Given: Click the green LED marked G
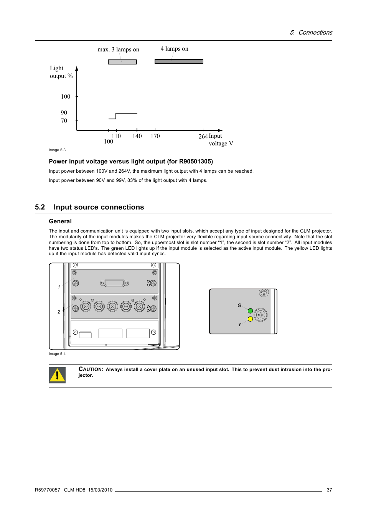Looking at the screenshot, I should pos(250,311).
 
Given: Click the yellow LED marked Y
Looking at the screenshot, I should pos(250,319).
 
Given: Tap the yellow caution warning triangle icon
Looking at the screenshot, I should pos(57,375).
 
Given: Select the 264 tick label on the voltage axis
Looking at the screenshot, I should pos(203,137).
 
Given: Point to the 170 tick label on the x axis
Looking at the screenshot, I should pos(155,136).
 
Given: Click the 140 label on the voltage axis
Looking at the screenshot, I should pos(137,136).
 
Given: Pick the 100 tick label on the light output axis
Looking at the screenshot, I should pos(66,97).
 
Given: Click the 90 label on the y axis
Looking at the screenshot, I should pos(64,113).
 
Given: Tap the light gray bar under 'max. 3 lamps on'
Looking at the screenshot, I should pos(122,62).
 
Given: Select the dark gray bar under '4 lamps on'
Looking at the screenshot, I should pos(179,61).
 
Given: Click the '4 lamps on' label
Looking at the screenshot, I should pos(174,49).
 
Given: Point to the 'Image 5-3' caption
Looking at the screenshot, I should pos(57,150).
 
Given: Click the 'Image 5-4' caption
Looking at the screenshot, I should pos(57,354).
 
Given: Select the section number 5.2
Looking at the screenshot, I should pos(40,207).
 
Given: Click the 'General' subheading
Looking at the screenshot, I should pos(60,221).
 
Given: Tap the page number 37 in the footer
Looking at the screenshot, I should pos(329,490).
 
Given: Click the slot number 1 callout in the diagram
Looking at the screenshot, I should pos(59,287).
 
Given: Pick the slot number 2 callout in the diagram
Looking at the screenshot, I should pos(59,312).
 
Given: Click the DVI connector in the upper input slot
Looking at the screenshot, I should pos(114,283).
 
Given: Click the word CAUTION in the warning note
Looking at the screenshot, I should pos(91,369).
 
